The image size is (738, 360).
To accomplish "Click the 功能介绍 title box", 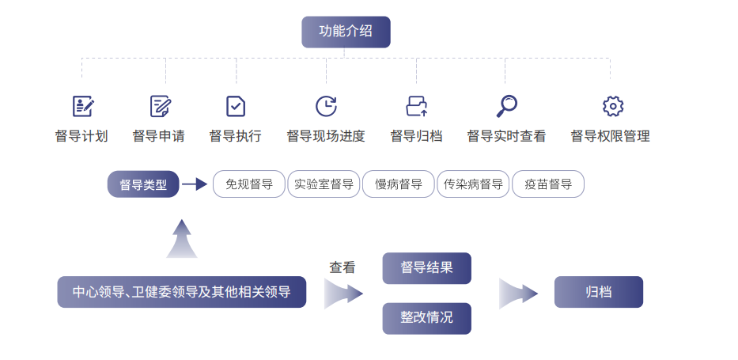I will coord(346,32).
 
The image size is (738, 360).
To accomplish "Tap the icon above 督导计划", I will coord(83,106).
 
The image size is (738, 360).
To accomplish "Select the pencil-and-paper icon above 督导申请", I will coord(161,106).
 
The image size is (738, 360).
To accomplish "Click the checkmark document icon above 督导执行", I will coord(236,106).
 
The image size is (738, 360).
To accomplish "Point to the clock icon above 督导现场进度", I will coord(326,106).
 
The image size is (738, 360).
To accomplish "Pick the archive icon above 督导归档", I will coord(416,106).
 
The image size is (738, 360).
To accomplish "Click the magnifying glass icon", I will coord(506,105).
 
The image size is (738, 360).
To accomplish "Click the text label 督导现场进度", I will coord(326,136).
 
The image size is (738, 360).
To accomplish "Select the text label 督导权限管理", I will coord(610,136).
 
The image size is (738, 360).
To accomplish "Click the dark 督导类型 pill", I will coord(143,185).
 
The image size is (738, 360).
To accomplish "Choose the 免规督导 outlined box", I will coord(249,185).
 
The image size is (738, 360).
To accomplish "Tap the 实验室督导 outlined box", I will coord(324,185).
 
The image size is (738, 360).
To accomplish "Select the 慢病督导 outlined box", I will coord(399,185).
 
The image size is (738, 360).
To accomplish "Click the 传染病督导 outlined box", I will coord(473,185).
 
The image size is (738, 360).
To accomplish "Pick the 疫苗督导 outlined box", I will coord(548,185).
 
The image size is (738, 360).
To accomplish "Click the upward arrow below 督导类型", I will coord(182,238).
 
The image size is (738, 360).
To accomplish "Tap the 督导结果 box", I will coord(426,268).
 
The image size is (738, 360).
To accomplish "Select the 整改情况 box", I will coord(426,318).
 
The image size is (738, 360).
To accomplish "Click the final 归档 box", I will coord(598,292).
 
